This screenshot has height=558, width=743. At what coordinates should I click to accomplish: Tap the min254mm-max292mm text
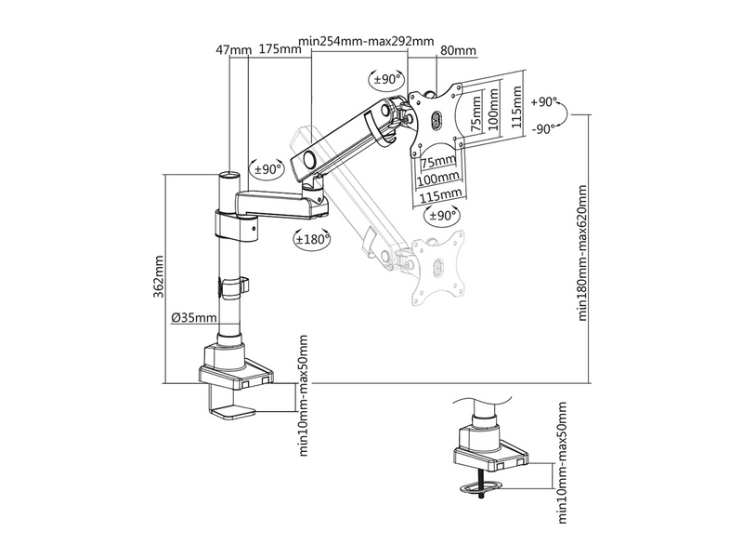click(x=366, y=42)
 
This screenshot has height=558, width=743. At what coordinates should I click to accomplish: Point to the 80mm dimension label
click(x=459, y=49)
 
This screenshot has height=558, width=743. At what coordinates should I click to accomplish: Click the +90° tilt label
click(x=544, y=100)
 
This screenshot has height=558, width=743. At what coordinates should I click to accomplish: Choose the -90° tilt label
click(x=543, y=129)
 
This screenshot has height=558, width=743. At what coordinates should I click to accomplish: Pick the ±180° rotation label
click(x=309, y=240)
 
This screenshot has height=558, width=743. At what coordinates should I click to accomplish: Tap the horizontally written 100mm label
click(x=438, y=178)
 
